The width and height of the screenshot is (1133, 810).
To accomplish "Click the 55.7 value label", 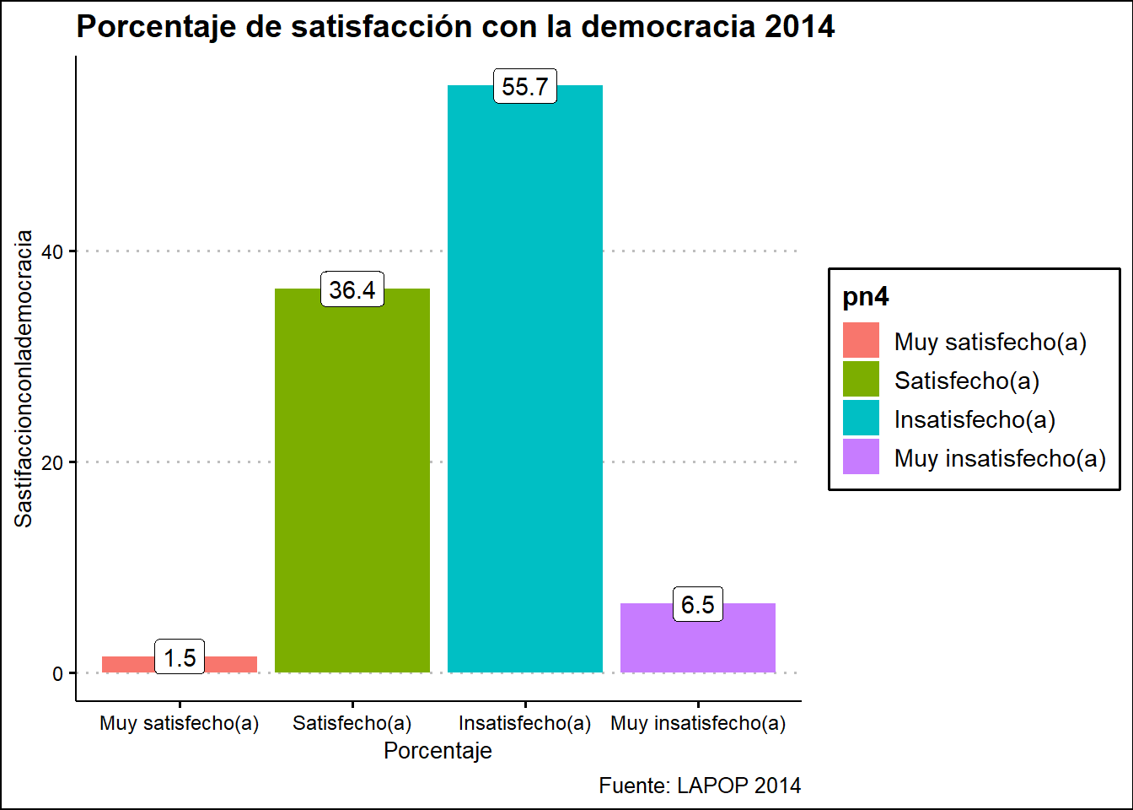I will coord(525,87).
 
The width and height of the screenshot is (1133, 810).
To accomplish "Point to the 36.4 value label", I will coord(352,290).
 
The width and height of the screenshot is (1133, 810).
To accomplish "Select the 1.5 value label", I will coord(180,657).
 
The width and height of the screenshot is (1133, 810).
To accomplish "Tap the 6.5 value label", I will coord(698,605).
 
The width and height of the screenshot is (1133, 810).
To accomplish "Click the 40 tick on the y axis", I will coord(52,251).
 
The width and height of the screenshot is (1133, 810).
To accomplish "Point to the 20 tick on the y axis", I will coord(52,462).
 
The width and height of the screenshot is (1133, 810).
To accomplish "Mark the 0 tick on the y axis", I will coord(58,673).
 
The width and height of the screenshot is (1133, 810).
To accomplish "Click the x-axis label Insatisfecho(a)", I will coord(524,723).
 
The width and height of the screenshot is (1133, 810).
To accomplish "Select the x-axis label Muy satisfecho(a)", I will coord(179,723).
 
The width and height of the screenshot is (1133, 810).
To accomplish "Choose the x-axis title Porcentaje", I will coord(438,751).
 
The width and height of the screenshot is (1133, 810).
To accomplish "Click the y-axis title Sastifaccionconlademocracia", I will coord(24,378).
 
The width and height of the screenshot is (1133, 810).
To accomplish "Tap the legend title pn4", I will coord(866,297).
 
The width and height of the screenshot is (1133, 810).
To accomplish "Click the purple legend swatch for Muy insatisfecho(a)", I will coord(861,456).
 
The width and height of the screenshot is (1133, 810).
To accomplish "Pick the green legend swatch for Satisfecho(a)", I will coord(861,379).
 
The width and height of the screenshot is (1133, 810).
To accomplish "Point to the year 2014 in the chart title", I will coord(799,27).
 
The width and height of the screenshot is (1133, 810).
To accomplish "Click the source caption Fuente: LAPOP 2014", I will coord(700,786).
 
